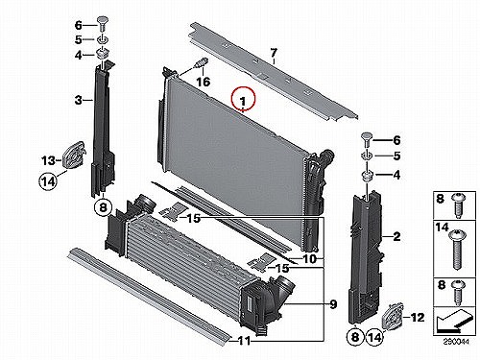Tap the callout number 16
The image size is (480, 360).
click(203, 82)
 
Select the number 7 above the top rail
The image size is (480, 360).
click(274, 52)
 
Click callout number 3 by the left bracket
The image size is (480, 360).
click(79, 100)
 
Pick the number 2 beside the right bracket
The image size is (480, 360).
click(396, 236)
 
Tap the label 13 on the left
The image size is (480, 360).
click(48, 160)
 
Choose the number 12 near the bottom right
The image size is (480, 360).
click(418, 317)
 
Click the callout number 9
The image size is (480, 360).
click(333, 304)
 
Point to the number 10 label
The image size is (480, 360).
click(309, 259)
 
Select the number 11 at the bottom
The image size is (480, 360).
click(244, 341)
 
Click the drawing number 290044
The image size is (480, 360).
click(456, 342)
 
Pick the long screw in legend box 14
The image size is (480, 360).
click(457, 249)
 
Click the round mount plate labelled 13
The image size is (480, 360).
click(74, 156)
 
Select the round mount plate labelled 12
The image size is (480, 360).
click(393, 317)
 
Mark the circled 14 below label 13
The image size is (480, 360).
click(48, 181)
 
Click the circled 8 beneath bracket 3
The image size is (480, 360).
click(103, 207)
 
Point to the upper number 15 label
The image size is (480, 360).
click(193, 218)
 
